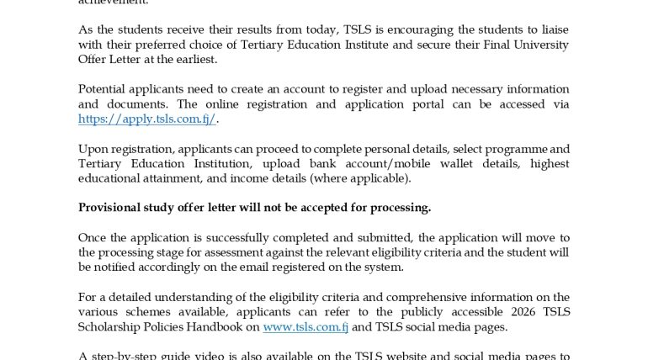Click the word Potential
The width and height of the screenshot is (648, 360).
(104, 89)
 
